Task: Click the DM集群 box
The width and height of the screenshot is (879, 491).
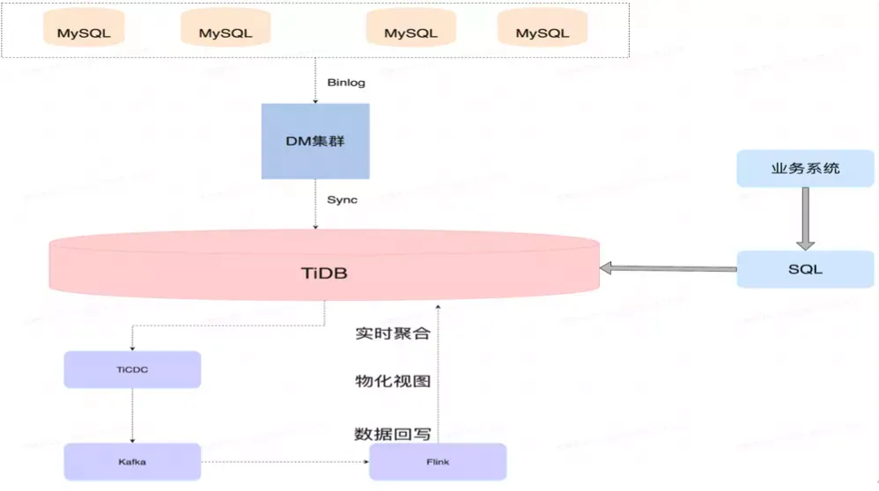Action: [x=315, y=141]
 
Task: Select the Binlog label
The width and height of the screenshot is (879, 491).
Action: [x=345, y=83]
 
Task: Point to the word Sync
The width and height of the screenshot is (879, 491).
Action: [x=343, y=200]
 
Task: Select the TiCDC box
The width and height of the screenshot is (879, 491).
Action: [x=132, y=370]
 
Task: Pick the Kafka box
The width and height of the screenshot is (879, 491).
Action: [x=132, y=462]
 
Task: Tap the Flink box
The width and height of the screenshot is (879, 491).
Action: [x=438, y=462]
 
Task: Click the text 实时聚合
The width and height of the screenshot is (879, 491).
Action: [x=392, y=333]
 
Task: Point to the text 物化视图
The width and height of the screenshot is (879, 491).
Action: [x=392, y=382]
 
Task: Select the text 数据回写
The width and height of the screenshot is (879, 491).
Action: [x=392, y=434]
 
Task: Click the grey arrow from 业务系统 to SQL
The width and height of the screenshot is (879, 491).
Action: [x=806, y=218]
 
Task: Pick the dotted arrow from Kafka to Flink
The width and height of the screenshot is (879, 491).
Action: [x=284, y=462]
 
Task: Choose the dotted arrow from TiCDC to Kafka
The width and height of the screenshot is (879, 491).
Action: [x=132, y=415]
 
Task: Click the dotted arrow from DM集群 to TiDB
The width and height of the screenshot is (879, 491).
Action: [x=315, y=207]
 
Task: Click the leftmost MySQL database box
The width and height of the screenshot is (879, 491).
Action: [x=85, y=33]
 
